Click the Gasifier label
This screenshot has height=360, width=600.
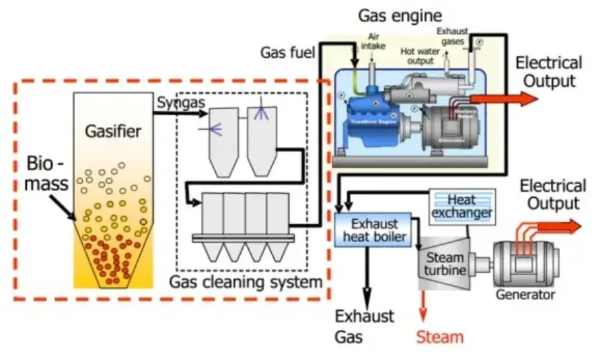[113, 131]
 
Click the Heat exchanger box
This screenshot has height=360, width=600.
[461, 205]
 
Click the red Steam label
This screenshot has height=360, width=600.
[439, 337]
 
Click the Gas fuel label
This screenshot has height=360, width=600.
[288, 52]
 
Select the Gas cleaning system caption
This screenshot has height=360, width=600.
[246, 282]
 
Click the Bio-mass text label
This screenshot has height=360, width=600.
[48, 174]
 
